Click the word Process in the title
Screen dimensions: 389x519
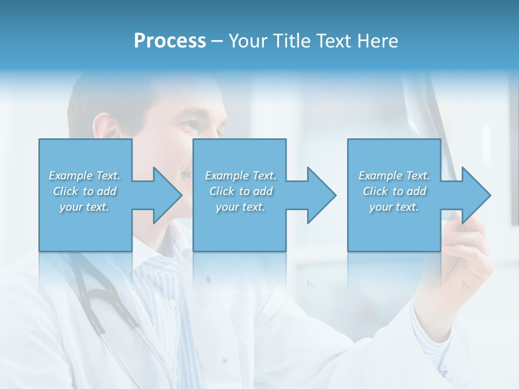170,41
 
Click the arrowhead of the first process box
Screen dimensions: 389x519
168,196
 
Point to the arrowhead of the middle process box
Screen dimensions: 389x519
322,196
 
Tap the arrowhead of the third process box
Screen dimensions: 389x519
476,196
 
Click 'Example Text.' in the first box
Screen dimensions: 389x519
85,176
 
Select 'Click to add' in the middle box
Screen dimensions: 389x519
241,191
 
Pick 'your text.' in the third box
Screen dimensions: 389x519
394,207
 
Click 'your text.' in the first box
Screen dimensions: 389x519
85,207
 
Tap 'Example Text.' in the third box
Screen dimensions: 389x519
394,176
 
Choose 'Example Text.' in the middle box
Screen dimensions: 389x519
241,176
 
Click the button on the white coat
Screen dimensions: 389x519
224,360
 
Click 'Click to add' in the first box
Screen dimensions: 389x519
85,191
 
